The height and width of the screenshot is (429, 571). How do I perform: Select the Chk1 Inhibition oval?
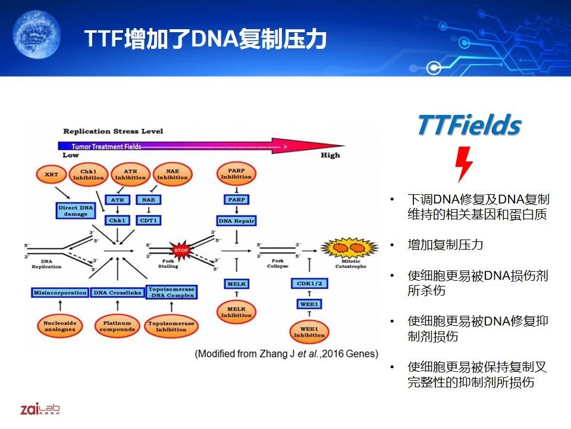pos(88,174)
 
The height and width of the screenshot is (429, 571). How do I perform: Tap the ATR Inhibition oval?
pos(130,174)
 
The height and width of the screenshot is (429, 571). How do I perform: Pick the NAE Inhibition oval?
pos(172,174)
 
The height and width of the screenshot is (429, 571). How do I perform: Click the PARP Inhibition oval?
pos(236,173)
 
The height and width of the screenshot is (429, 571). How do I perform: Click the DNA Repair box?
pos(236,221)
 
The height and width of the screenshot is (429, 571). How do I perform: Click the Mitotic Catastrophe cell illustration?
pos(343,248)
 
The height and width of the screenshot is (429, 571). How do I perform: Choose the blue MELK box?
pos(236,284)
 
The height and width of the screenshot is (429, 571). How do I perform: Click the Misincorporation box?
pos(59,293)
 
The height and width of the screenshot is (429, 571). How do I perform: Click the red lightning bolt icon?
pos(465,163)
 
